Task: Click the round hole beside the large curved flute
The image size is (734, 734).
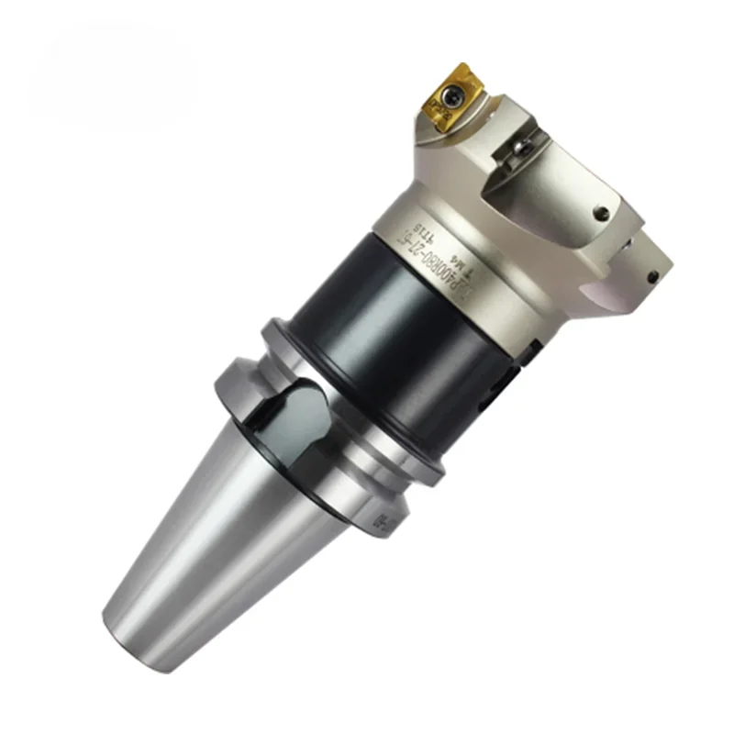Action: (x=602, y=213)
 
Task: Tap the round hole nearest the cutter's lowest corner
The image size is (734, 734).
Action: (x=652, y=275)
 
